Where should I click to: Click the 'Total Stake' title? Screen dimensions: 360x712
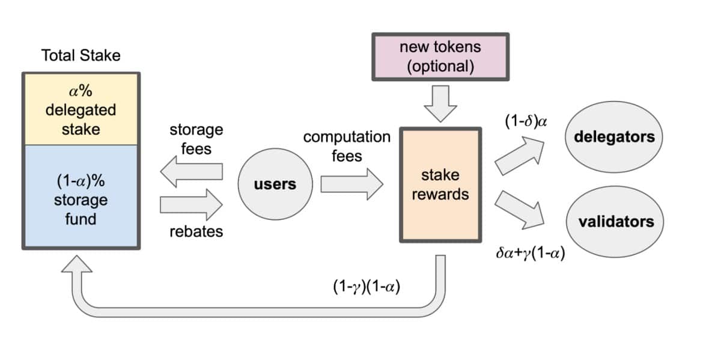click(x=81, y=56)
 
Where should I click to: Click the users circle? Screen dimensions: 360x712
click(x=275, y=184)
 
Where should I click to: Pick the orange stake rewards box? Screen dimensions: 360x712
click(x=440, y=185)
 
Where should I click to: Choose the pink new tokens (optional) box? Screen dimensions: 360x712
click(x=440, y=56)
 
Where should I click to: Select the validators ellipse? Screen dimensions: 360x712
click(x=616, y=222)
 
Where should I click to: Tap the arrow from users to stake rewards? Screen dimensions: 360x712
click(x=351, y=184)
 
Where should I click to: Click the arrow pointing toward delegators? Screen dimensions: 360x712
click(x=519, y=156)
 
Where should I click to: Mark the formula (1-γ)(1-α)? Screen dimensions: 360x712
click(x=367, y=287)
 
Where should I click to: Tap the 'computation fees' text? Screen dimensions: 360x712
click(x=347, y=146)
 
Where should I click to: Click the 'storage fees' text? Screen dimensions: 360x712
click(x=196, y=138)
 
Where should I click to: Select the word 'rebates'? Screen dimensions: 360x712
click(x=196, y=231)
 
